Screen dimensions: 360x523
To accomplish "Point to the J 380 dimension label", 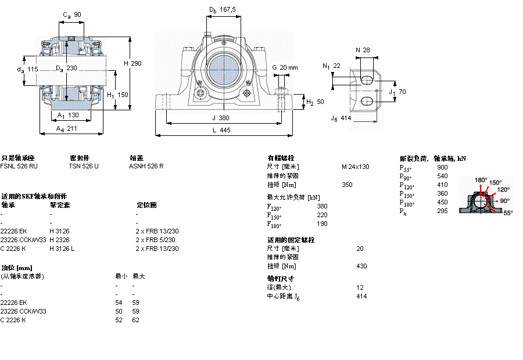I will (x=221, y=117).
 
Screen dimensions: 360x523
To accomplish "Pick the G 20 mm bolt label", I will (x=285, y=67).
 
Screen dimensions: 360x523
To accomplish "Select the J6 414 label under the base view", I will (x=341, y=118).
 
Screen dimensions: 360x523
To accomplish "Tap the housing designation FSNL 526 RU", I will (x=19, y=166).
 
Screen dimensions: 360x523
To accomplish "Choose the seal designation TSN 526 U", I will (x=84, y=166).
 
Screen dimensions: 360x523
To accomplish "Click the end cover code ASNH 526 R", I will (x=146, y=166).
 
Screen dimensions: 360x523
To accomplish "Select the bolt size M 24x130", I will (x=355, y=167).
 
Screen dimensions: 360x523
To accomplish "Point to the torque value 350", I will (x=347, y=185).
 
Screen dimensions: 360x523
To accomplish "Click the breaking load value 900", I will (x=442, y=167).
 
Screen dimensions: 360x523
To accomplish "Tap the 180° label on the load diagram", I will (x=481, y=180).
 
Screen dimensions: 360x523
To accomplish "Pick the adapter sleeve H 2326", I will (x=59, y=240).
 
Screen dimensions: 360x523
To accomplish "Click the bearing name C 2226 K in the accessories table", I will (x=13, y=249).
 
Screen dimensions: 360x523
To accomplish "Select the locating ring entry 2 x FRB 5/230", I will (x=156, y=240).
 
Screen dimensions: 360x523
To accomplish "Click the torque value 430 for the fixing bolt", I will (x=361, y=266).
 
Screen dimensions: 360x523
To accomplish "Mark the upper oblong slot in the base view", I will (x=367, y=78).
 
